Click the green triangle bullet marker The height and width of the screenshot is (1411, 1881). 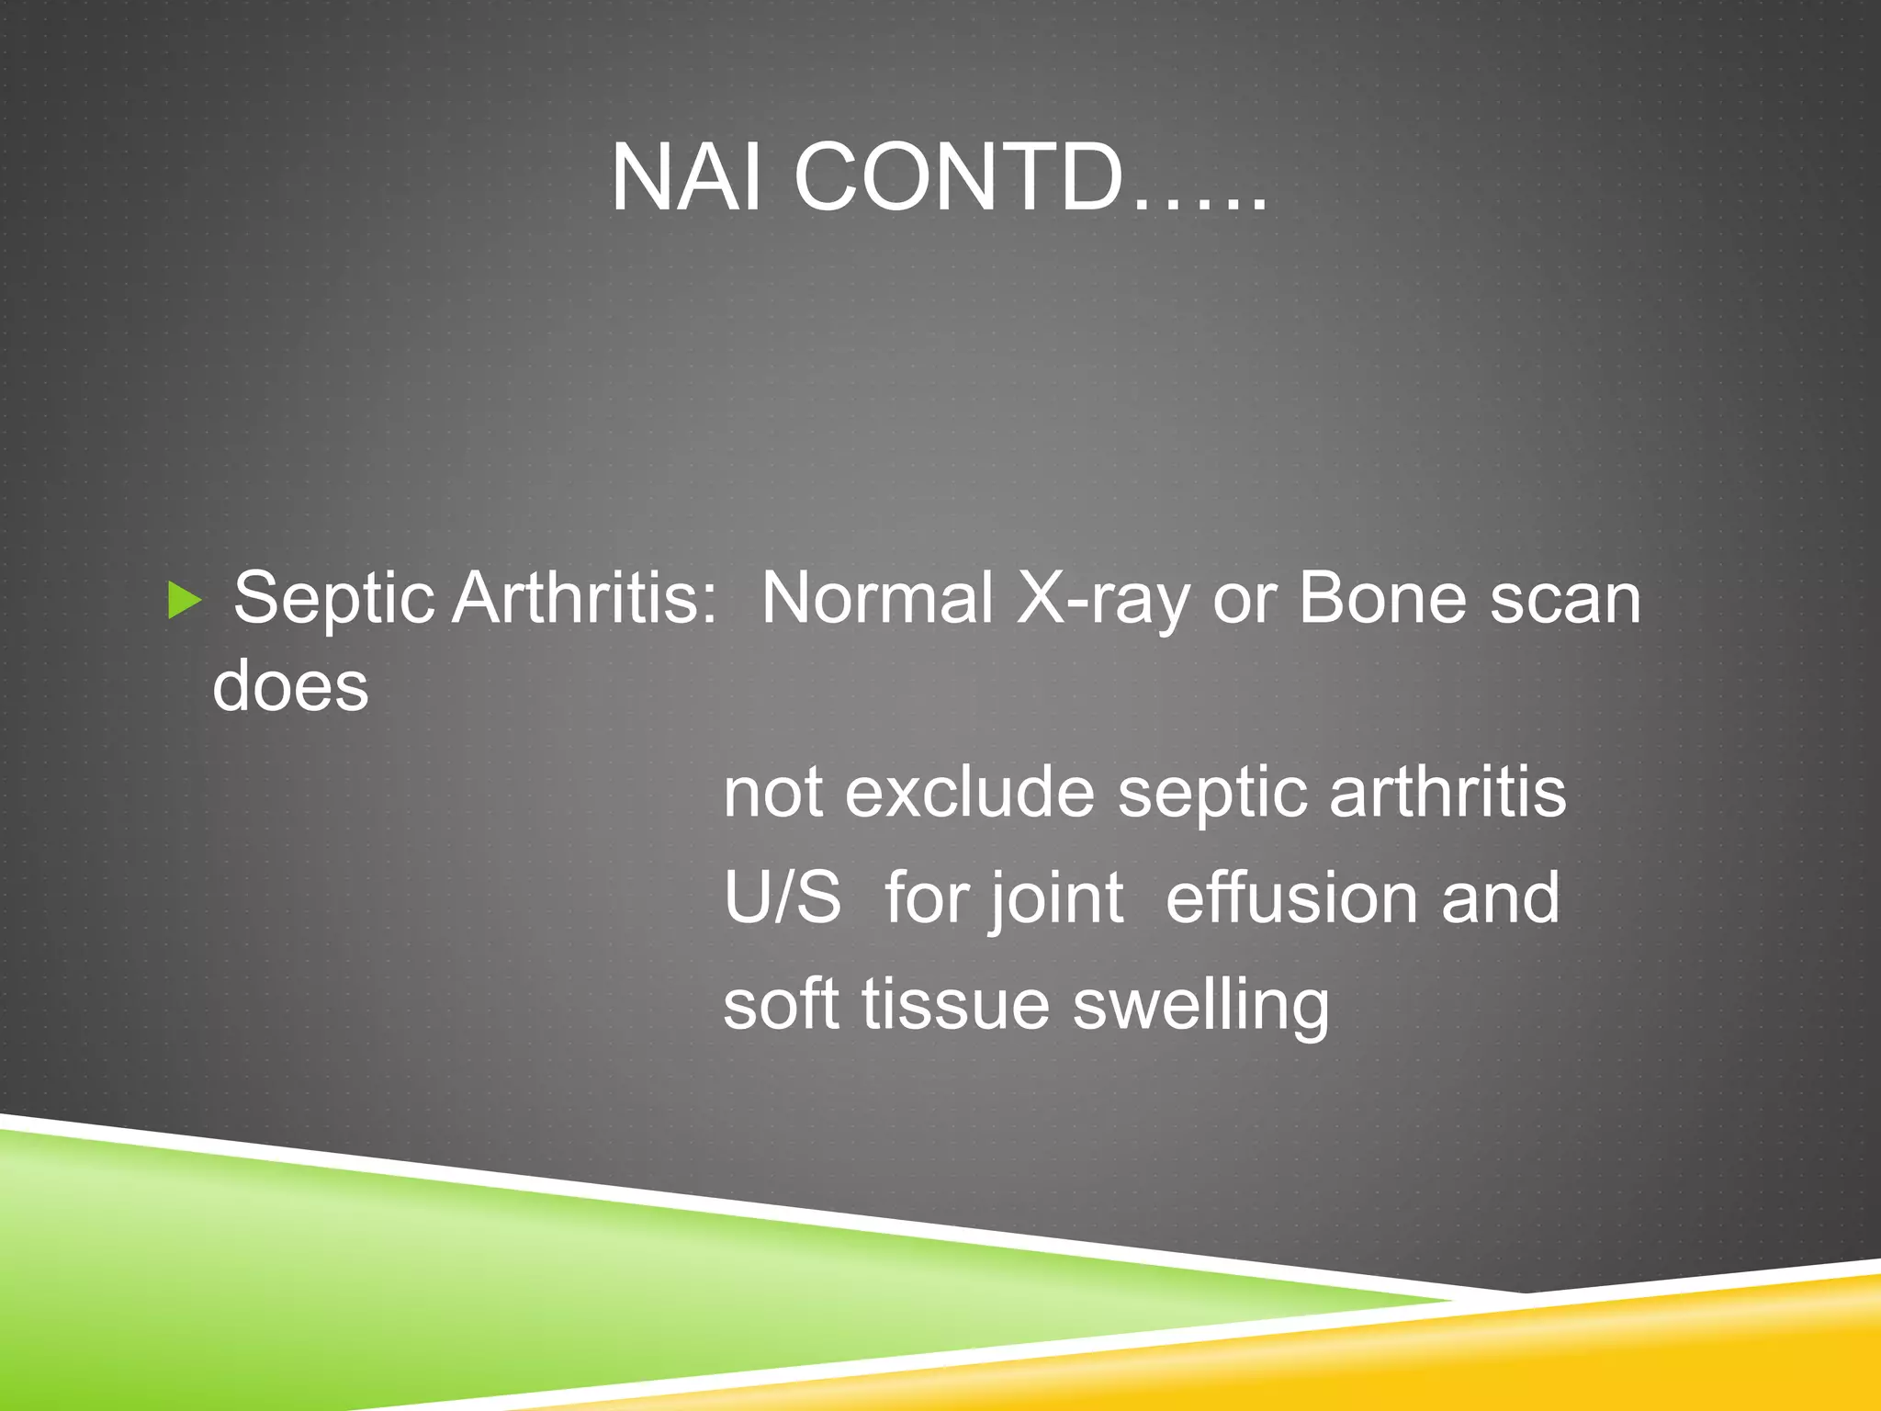click(185, 601)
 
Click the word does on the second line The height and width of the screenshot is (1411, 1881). click(290, 686)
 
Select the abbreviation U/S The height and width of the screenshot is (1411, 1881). click(782, 897)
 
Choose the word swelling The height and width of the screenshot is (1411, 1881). click(1201, 1005)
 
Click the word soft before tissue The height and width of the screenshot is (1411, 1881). click(781, 1003)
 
